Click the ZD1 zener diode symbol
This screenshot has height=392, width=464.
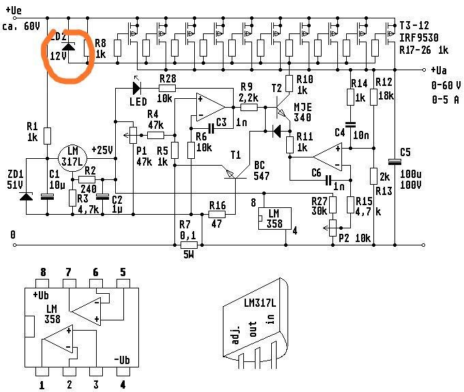click(27, 197)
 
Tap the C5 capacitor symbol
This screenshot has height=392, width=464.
click(394, 162)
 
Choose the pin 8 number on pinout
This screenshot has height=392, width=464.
click(43, 272)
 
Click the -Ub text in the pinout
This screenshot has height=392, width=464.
click(121, 361)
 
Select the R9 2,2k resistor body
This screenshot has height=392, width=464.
click(248, 106)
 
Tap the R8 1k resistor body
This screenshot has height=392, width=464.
click(87, 48)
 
